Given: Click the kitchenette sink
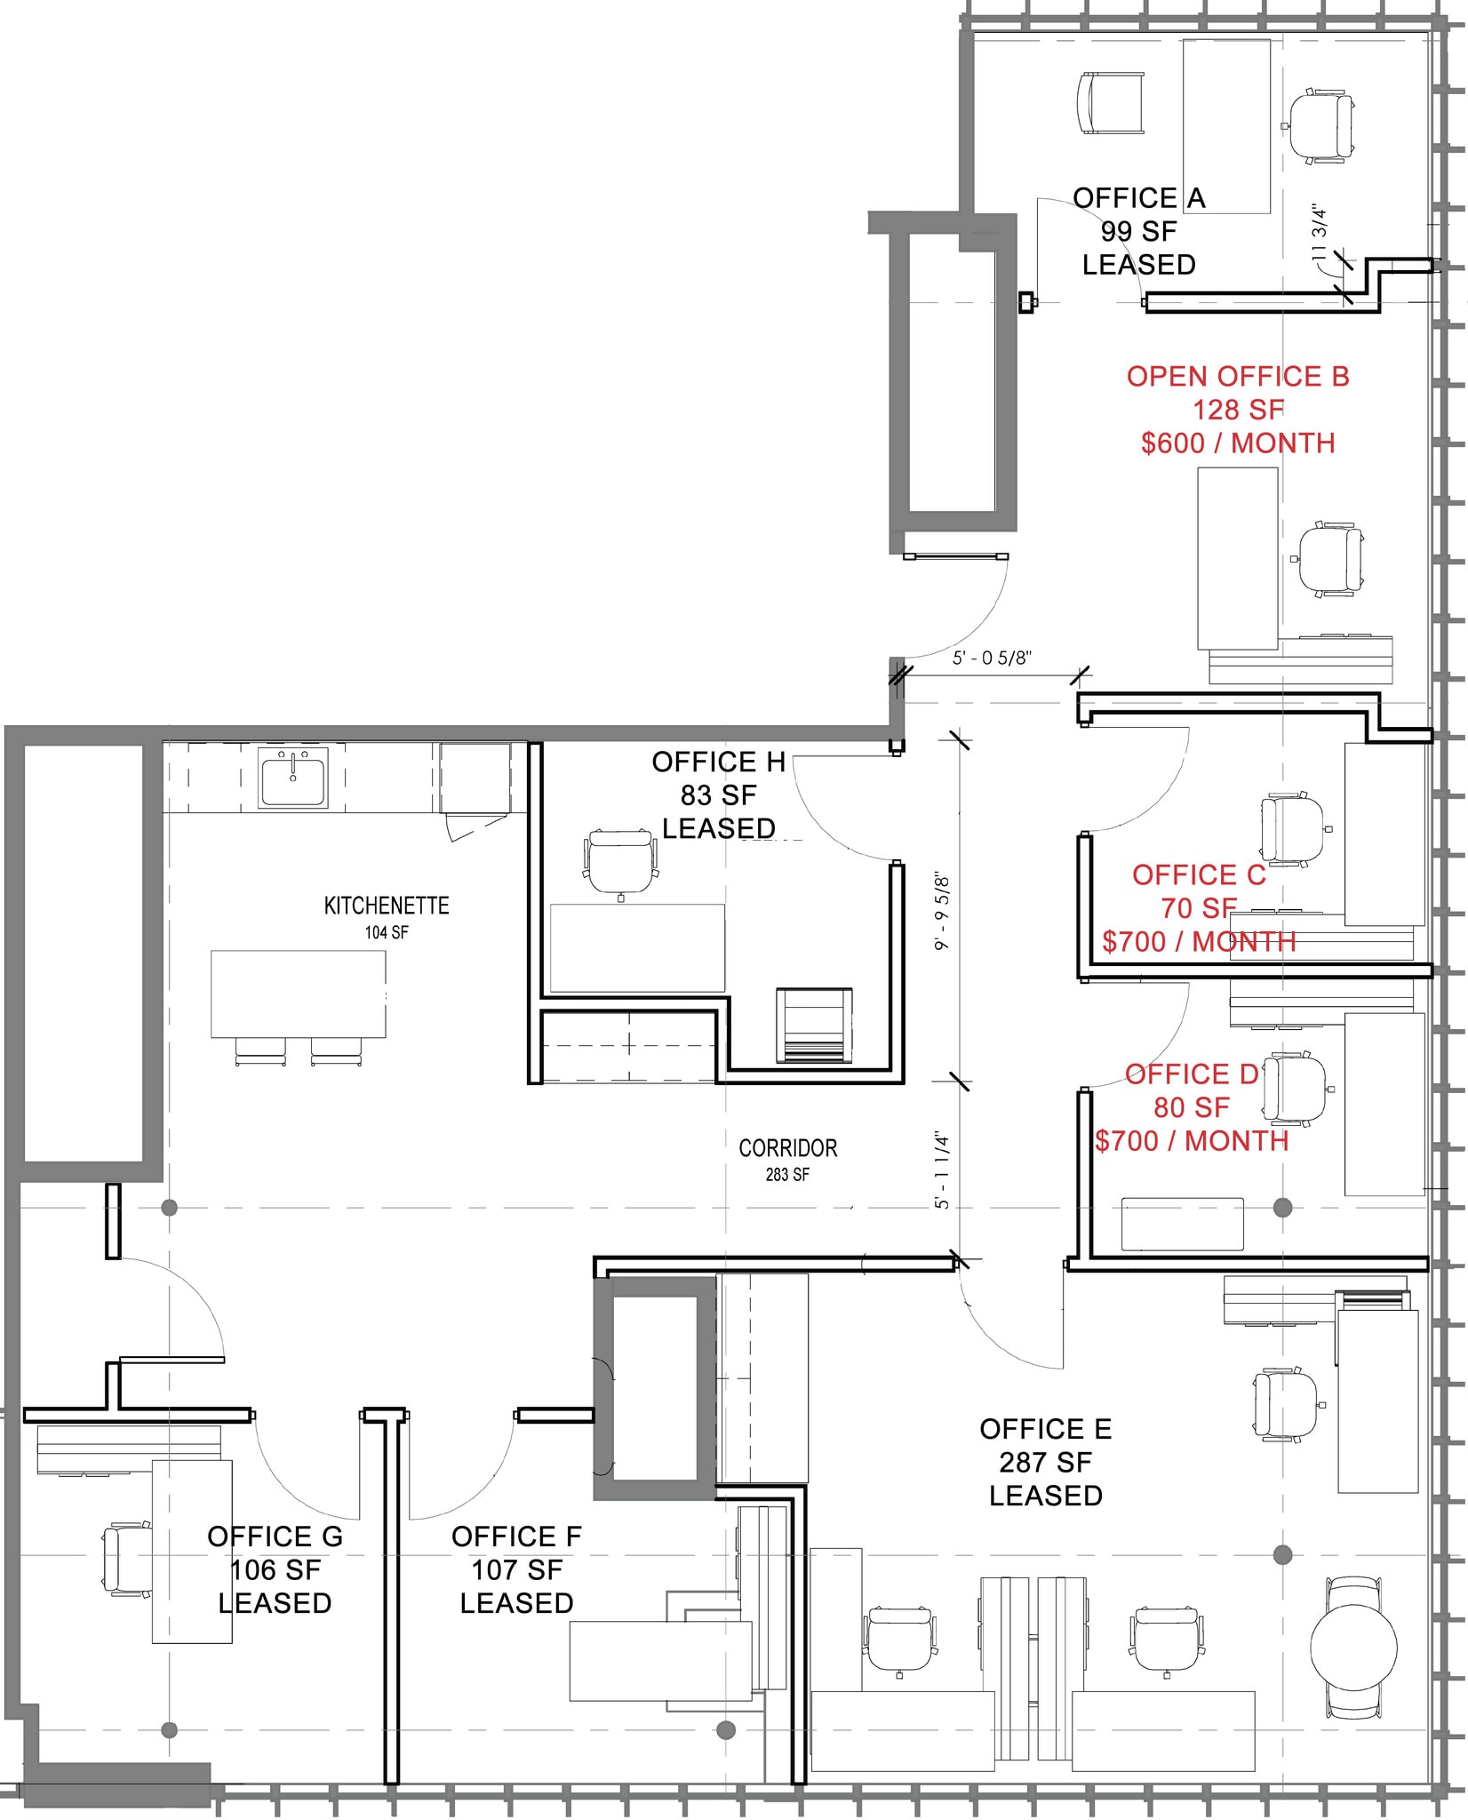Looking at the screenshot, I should tap(292, 777).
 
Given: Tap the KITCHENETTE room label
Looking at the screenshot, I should tap(387, 906).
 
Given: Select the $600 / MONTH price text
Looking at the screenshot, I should tap(1238, 443).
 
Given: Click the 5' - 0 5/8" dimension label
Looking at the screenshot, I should tap(992, 659).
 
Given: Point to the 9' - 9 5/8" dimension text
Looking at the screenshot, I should tap(943, 914).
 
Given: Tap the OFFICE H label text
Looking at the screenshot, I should tap(718, 762).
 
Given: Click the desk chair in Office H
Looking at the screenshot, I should tap(621, 861).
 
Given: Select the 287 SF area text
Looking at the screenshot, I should tap(1045, 1462).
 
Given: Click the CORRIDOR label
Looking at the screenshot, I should tap(787, 1148).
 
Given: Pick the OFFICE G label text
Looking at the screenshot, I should tap(275, 1537).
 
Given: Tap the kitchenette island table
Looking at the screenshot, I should tap(298, 994).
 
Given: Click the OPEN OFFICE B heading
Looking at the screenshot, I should tap(1238, 377).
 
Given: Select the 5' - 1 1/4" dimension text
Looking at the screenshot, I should tap(943, 1170).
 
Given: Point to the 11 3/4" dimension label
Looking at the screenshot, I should tap(1320, 233).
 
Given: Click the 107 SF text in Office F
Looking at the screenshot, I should tap(516, 1570).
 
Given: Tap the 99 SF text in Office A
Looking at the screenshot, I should tap(1138, 231).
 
